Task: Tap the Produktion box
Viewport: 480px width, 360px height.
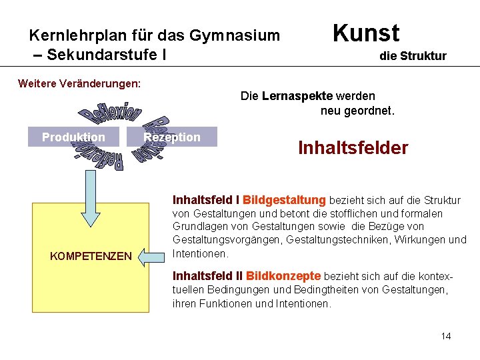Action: [73, 137]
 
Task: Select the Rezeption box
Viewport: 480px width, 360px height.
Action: [172, 137]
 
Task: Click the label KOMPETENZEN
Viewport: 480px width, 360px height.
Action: [91, 256]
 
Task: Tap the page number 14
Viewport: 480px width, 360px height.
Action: [446, 336]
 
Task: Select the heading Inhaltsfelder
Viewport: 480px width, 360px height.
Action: [353, 147]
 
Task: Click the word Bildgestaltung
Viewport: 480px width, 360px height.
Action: [285, 200]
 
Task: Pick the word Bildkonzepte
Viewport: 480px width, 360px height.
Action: [284, 276]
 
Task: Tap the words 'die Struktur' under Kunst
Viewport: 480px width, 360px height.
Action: [413, 56]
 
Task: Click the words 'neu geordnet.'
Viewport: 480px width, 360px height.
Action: [357, 111]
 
